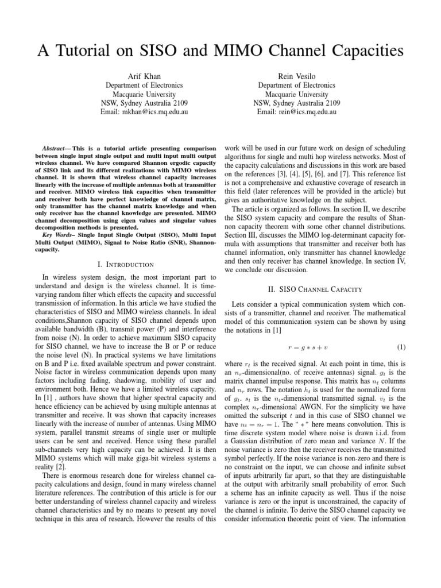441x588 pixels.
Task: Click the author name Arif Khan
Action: click(144, 76)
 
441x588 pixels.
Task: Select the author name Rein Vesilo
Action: click(297, 76)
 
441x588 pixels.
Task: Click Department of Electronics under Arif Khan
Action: click(144, 85)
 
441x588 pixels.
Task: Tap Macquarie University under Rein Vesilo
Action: click(297, 94)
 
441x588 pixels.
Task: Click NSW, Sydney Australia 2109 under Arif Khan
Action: click(144, 103)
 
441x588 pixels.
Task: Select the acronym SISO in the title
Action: click(169, 51)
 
